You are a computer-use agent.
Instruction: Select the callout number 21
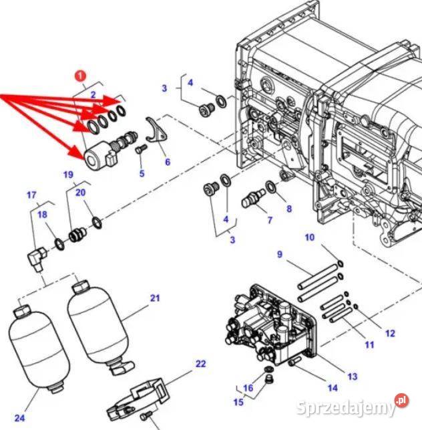155,298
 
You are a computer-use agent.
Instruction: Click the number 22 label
200,364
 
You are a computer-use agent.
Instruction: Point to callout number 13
352,377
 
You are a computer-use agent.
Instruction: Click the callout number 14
332,388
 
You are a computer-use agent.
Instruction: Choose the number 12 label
390,333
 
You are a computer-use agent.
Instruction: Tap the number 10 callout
309,237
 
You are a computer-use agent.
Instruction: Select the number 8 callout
289,209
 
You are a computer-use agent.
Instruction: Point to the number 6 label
167,161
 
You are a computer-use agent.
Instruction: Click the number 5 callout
142,174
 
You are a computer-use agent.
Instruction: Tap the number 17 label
31,195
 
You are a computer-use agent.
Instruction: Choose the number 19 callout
68,175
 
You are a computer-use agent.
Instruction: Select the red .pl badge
401,401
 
